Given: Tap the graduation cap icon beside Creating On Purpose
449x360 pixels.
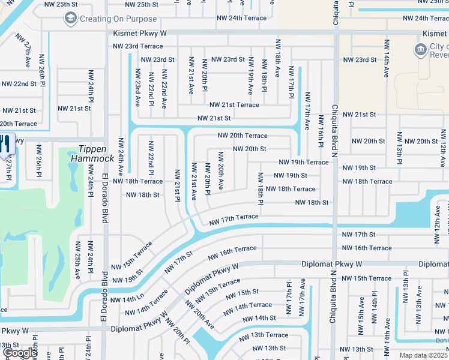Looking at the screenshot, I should [x=71, y=19].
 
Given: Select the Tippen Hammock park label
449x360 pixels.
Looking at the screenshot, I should [x=92, y=154].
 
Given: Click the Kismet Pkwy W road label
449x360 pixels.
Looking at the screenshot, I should [x=139, y=34].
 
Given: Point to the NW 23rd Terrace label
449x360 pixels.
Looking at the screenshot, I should [x=137, y=46].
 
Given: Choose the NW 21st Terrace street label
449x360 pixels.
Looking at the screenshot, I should [x=234, y=105].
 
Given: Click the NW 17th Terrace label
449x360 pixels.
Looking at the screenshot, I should [x=234, y=220].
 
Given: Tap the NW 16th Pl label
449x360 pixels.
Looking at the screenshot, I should [x=321, y=133].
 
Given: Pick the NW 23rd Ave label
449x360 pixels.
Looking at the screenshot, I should [x=137, y=88].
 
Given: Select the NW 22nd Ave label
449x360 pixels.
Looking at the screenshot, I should [x=163, y=90].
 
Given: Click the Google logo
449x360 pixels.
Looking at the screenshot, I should [x=20, y=353].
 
